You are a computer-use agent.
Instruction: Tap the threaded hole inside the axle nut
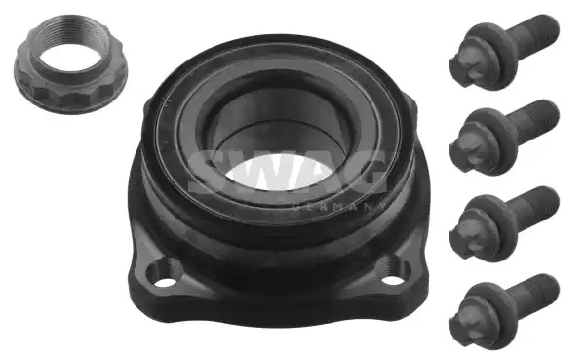(x=70, y=58)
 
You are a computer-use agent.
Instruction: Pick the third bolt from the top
(x=504, y=223)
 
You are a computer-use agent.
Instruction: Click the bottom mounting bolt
(x=504, y=311)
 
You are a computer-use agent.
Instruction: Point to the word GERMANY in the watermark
(x=337, y=207)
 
